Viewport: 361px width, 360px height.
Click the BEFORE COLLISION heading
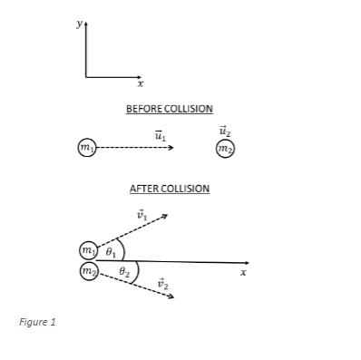tap(170, 109)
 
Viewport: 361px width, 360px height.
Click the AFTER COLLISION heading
tap(170, 189)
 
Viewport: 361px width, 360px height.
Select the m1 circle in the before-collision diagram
tap(85, 147)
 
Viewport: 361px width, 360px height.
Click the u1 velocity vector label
tap(161, 134)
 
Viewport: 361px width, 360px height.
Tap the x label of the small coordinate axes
tap(141, 83)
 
